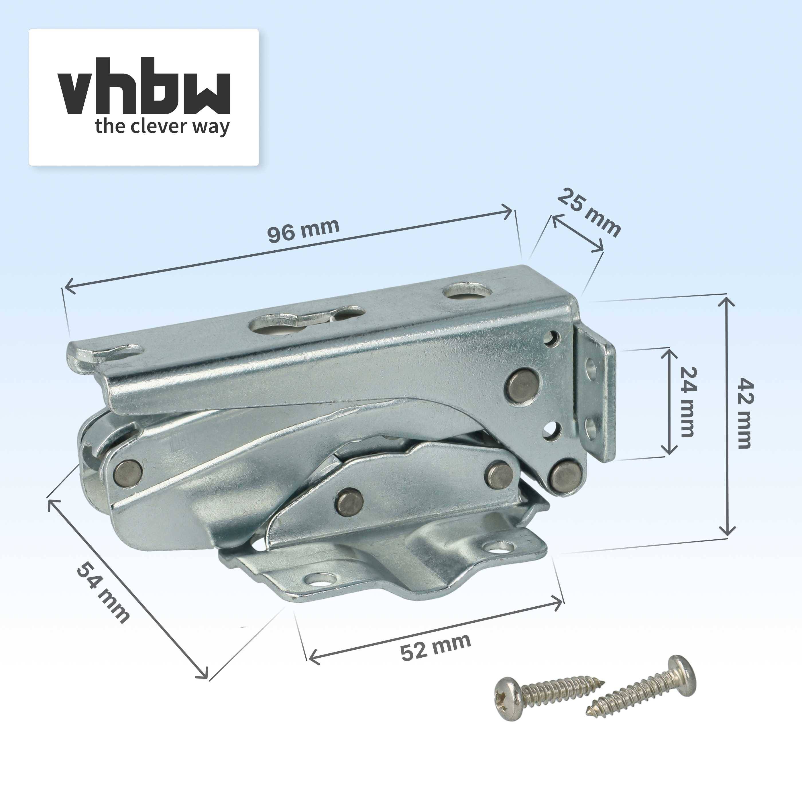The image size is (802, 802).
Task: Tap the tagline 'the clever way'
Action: [162, 126]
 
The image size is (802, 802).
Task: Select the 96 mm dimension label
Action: [303, 230]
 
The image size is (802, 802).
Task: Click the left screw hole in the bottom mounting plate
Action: [320, 579]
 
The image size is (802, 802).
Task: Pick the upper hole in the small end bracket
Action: [591, 368]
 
